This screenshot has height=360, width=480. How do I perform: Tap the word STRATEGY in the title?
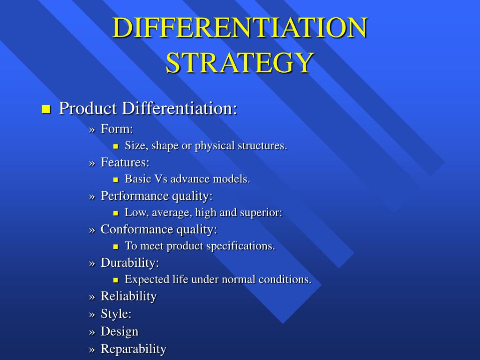pyautogui.click(x=240, y=62)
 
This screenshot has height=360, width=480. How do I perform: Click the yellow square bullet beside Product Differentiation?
pyautogui.click(x=45, y=110)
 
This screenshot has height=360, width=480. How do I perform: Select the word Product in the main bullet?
pyautogui.click(x=88, y=109)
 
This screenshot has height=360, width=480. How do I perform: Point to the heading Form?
pyautogui.click(x=117, y=129)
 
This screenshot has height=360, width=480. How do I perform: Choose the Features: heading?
pyautogui.click(x=125, y=163)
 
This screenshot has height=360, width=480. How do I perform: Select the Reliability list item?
pyautogui.click(x=128, y=296)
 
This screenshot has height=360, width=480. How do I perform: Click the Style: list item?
pyautogui.click(x=116, y=314)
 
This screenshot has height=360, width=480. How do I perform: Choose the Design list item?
pyautogui.click(x=120, y=331)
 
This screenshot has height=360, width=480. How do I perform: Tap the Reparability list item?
pyautogui.click(x=134, y=349)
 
